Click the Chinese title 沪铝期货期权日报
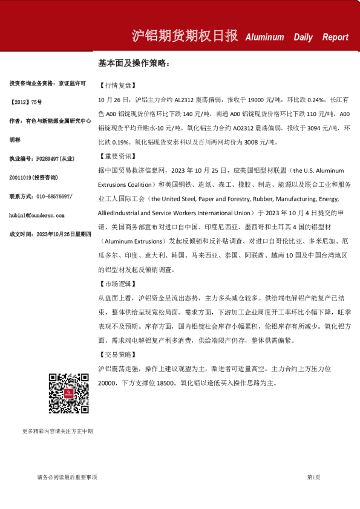(185, 36)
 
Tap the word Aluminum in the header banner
(264, 37)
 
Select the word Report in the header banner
(335, 37)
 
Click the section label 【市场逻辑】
(115, 284)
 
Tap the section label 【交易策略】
(115, 354)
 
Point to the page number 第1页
(313, 478)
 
